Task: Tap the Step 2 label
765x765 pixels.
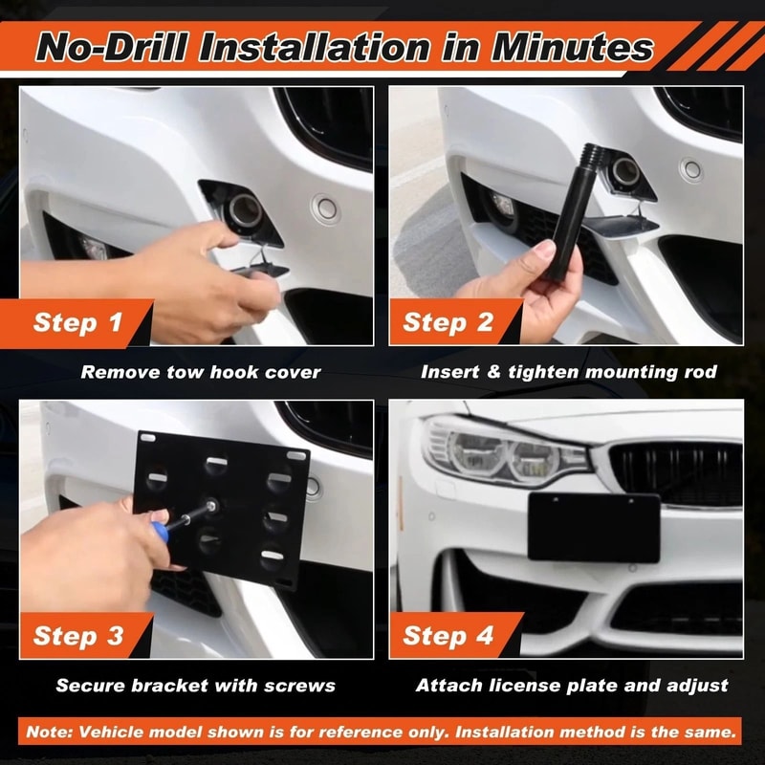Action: [x=448, y=322]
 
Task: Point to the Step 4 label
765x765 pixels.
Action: [x=448, y=636]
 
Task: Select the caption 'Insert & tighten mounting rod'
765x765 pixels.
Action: [x=568, y=372]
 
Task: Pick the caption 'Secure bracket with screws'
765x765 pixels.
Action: [x=195, y=685]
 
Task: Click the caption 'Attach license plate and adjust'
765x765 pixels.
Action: [x=572, y=685]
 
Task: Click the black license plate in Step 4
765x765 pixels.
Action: [x=593, y=528]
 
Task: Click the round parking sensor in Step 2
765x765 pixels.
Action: [x=691, y=170]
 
